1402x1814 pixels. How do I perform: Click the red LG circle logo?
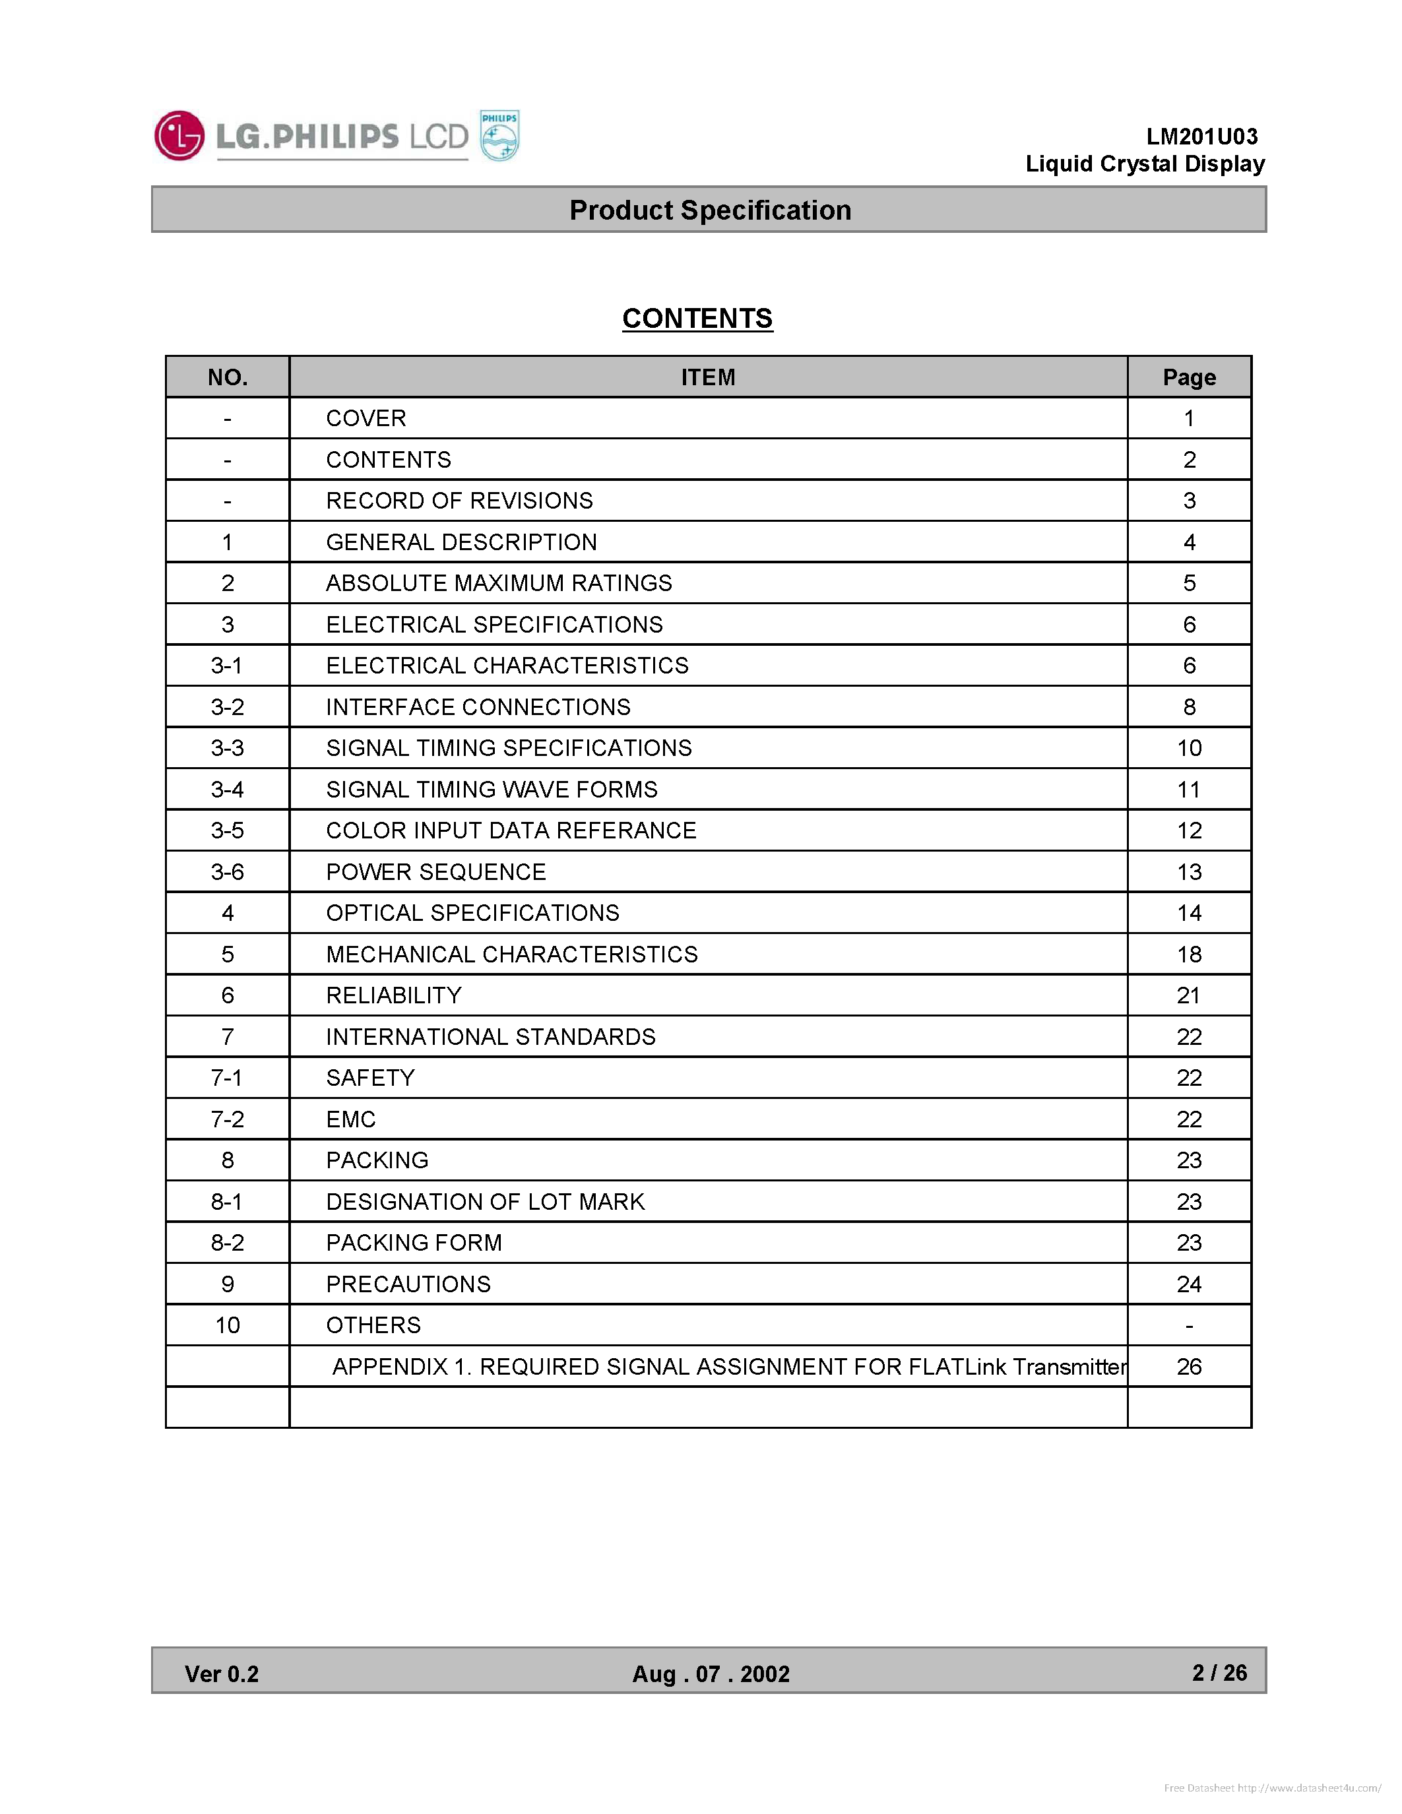point(179,135)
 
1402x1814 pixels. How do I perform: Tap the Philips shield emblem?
point(500,135)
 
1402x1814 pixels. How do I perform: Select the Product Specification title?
point(709,210)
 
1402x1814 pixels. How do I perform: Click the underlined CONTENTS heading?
point(697,318)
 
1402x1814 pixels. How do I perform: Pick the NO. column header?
point(228,377)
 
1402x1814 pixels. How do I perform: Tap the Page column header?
point(1188,377)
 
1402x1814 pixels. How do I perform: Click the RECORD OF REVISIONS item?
point(459,501)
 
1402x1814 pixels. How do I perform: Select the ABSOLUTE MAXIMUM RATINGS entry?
point(498,583)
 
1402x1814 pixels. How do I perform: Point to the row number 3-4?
point(228,789)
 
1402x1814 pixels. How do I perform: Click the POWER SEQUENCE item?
point(436,872)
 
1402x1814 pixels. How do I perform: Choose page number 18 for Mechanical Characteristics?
point(1188,954)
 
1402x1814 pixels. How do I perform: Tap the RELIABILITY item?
point(394,995)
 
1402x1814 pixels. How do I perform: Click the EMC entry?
point(350,1119)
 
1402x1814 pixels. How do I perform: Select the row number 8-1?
point(228,1202)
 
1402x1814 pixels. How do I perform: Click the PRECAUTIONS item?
point(408,1284)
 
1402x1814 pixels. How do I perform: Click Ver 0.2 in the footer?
point(222,1673)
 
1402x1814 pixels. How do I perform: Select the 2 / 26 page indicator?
point(1219,1672)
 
